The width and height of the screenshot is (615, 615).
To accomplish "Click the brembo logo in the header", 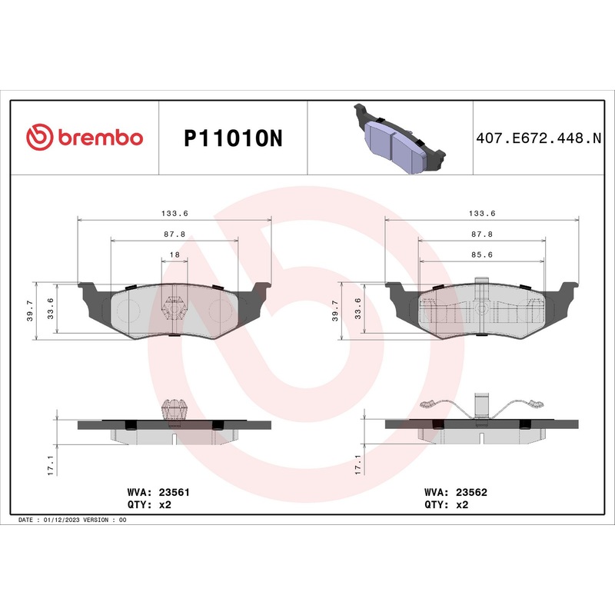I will (85, 137).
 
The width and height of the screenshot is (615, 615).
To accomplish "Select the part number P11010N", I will (234, 138).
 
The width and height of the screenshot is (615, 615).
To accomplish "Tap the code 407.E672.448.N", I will (538, 138).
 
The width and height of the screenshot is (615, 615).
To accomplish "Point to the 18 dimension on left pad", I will (175, 254).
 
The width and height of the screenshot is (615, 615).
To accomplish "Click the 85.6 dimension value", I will (481, 254).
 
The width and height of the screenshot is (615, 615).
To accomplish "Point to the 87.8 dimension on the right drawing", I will (481, 234).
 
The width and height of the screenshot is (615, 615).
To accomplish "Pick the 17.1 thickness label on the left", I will (52, 465).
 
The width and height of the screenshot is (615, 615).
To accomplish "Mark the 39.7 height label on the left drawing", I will (31, 311).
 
